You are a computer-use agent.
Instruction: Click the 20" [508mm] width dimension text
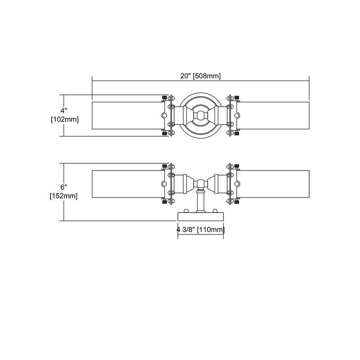click(x=200, y=76)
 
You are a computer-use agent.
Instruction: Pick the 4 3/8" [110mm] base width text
click(x=200, y=230)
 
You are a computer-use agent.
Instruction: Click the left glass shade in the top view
click(x=126, y=116)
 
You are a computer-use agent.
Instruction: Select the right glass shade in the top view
click(x=274, y=116)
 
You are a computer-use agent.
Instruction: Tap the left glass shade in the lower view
click(x=126, y=184)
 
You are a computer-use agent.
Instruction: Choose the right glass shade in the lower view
click(x=274, y=184)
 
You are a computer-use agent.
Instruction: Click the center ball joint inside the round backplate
click(x=200, y=116)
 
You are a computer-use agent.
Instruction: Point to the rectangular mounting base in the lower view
click(x=200, y=216)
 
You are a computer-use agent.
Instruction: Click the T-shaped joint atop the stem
click(x=200, y=184)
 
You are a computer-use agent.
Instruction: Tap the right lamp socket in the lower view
click(x=220, y=184)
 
